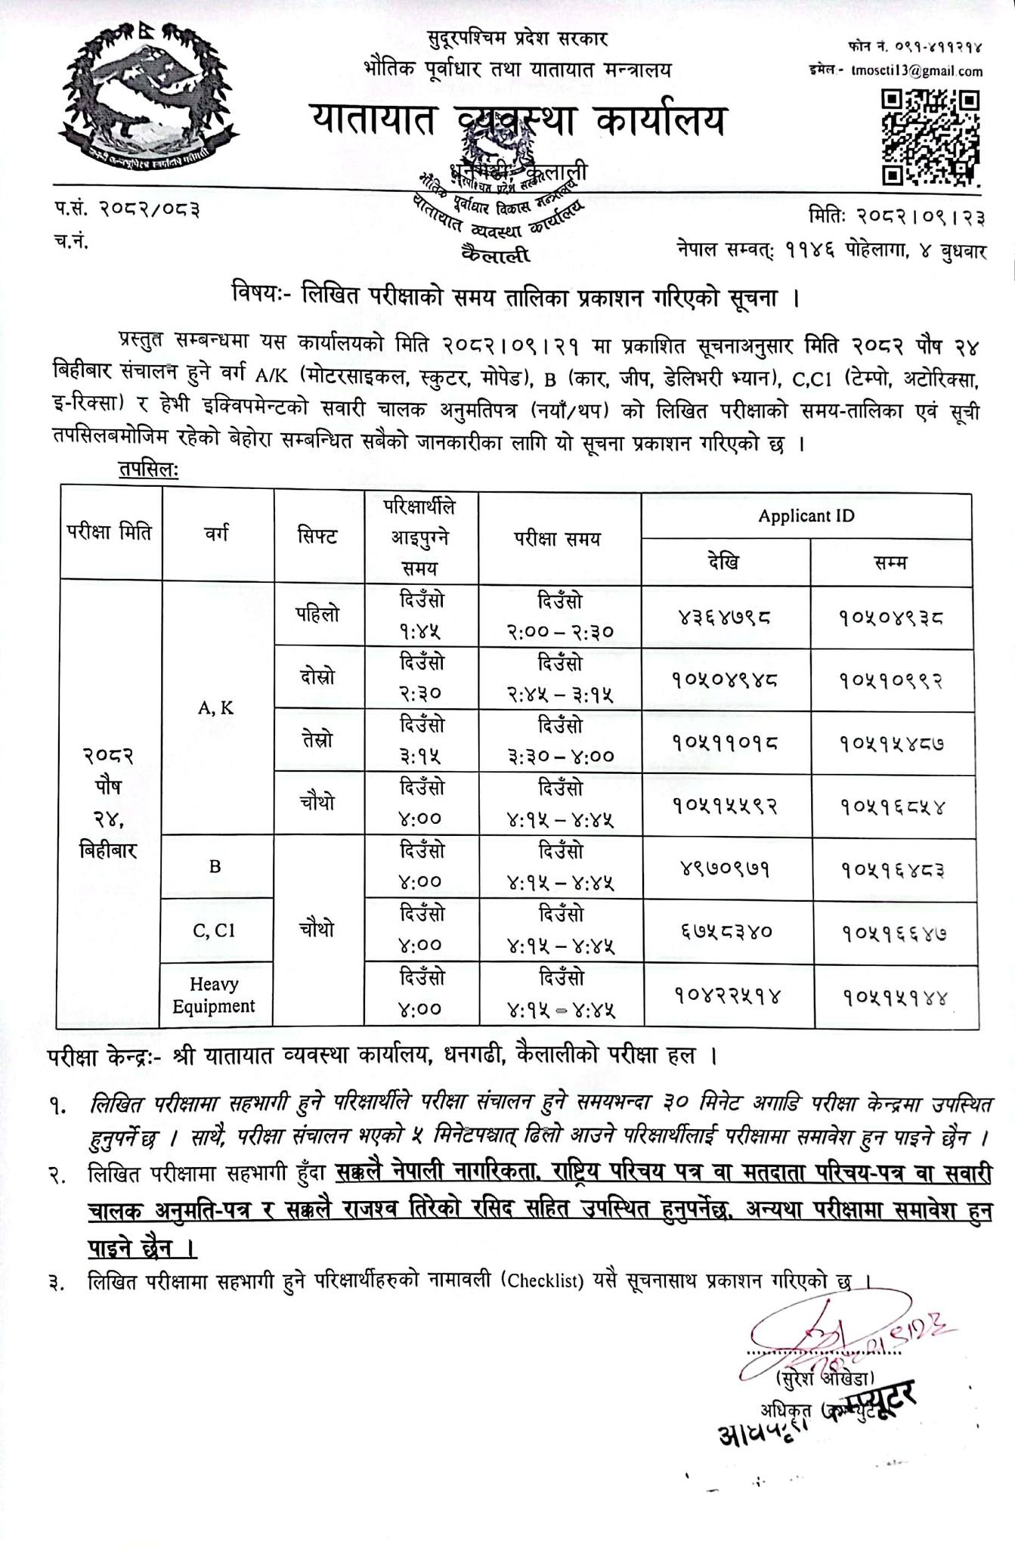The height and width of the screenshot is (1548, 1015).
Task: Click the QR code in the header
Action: point(931,137)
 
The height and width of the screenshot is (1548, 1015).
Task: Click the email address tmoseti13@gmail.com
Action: point(916,72)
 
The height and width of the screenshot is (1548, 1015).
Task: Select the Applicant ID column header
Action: point(806,516)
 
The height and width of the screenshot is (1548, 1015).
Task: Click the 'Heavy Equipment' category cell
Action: point(215,995)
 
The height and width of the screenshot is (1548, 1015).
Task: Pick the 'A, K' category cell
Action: point(216,708)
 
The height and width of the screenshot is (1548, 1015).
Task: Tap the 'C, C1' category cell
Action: point(215,930)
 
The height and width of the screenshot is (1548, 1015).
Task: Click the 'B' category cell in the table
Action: point(215,866)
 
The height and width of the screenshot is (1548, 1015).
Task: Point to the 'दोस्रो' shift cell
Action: point(317,677)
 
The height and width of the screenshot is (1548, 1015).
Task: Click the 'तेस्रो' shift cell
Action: point(317,740)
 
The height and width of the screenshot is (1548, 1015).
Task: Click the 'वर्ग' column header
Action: point(217,534)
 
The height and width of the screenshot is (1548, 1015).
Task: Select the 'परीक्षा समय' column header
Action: point(559,538)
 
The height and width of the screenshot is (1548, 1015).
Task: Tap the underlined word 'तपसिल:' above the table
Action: point(148,470)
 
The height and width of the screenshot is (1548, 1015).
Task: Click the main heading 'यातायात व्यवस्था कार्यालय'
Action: point(518,121)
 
